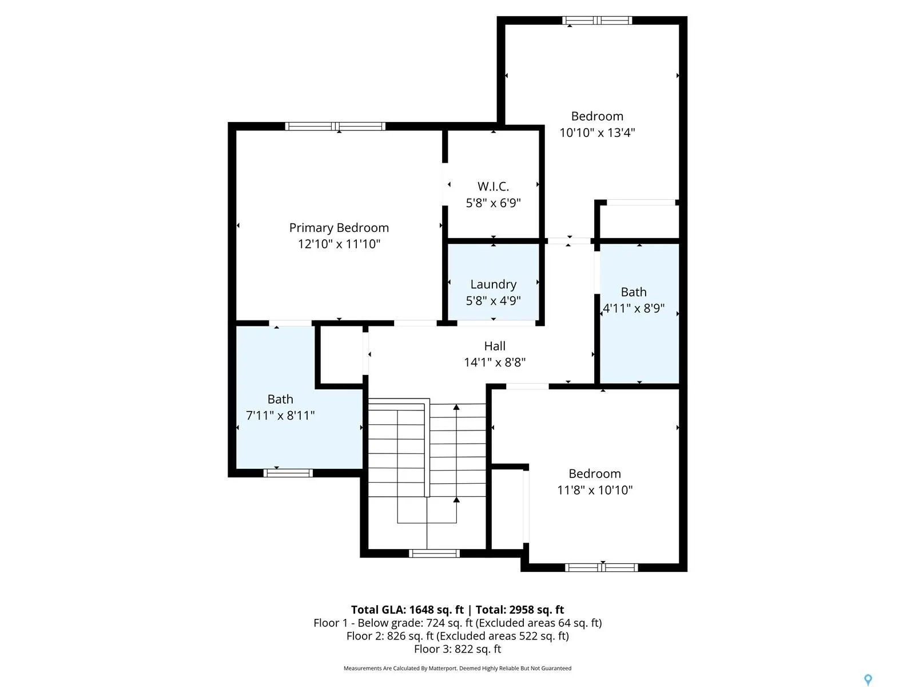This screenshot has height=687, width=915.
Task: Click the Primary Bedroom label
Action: (x=339, y=228)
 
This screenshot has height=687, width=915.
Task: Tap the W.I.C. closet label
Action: (x=493, y=186)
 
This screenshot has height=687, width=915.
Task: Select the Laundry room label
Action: (x=493, y=285)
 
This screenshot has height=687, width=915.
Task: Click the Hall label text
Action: (x=495, y=346)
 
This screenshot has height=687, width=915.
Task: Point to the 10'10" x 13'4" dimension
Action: (x=597, y=133)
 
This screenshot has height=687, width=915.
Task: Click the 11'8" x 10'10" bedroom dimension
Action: (x=595, y=489)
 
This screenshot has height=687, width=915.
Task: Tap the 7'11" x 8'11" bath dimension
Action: (x=280, y=416)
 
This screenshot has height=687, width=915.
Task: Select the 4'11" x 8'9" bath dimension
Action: (x=634, y=308)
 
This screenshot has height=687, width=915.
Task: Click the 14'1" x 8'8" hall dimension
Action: (x=495, y=362)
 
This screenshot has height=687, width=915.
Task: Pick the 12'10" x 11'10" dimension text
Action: (x=339, y=244)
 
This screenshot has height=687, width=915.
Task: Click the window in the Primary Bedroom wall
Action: (x=335, y=127)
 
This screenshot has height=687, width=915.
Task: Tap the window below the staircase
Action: (x=434, y=554)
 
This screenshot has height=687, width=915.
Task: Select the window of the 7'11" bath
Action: (x=288, y=473)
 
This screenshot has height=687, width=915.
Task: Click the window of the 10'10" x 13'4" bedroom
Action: (x=597, y=21)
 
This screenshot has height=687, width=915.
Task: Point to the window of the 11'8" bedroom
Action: (x=602, y=567)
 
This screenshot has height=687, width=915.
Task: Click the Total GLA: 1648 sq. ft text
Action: (x=407, y=610)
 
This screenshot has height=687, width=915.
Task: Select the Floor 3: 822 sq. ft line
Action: (x=457, y=649)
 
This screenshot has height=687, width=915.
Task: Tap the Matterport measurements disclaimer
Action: (x=457, y=668)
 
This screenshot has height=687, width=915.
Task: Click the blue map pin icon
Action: (x=868, y=680)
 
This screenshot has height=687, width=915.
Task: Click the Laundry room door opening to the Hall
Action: (x=496, y=323)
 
